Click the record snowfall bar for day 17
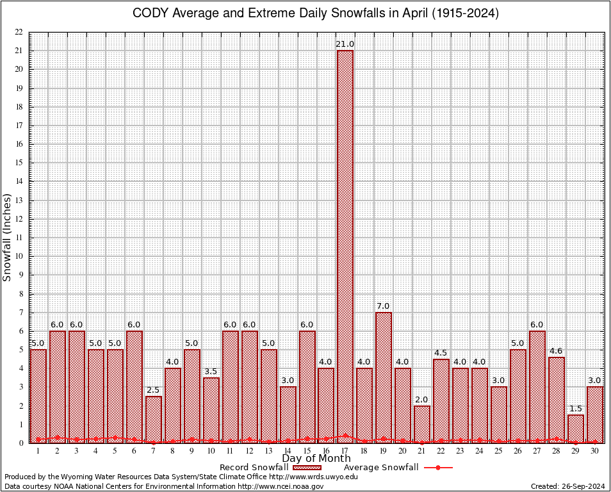[x=345, y=246]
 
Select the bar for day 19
[x=384, y=377]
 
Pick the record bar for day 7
[x=153, y=419]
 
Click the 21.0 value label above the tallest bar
[x=345, y=44]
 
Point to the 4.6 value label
[x=557, y=350]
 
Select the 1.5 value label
[x=576, y=408]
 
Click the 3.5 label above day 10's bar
[x=211, y=371]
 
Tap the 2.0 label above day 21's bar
[x=422, y=399]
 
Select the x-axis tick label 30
[x=595, y=451]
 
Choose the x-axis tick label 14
[x=288, y=451]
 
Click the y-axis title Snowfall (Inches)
[x=8, y=237]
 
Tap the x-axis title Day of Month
[x=316, y=458]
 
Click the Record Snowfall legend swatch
[x=307, y=468]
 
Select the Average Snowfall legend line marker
[x=438, y=468]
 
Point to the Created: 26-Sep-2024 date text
[x=568, y=486]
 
